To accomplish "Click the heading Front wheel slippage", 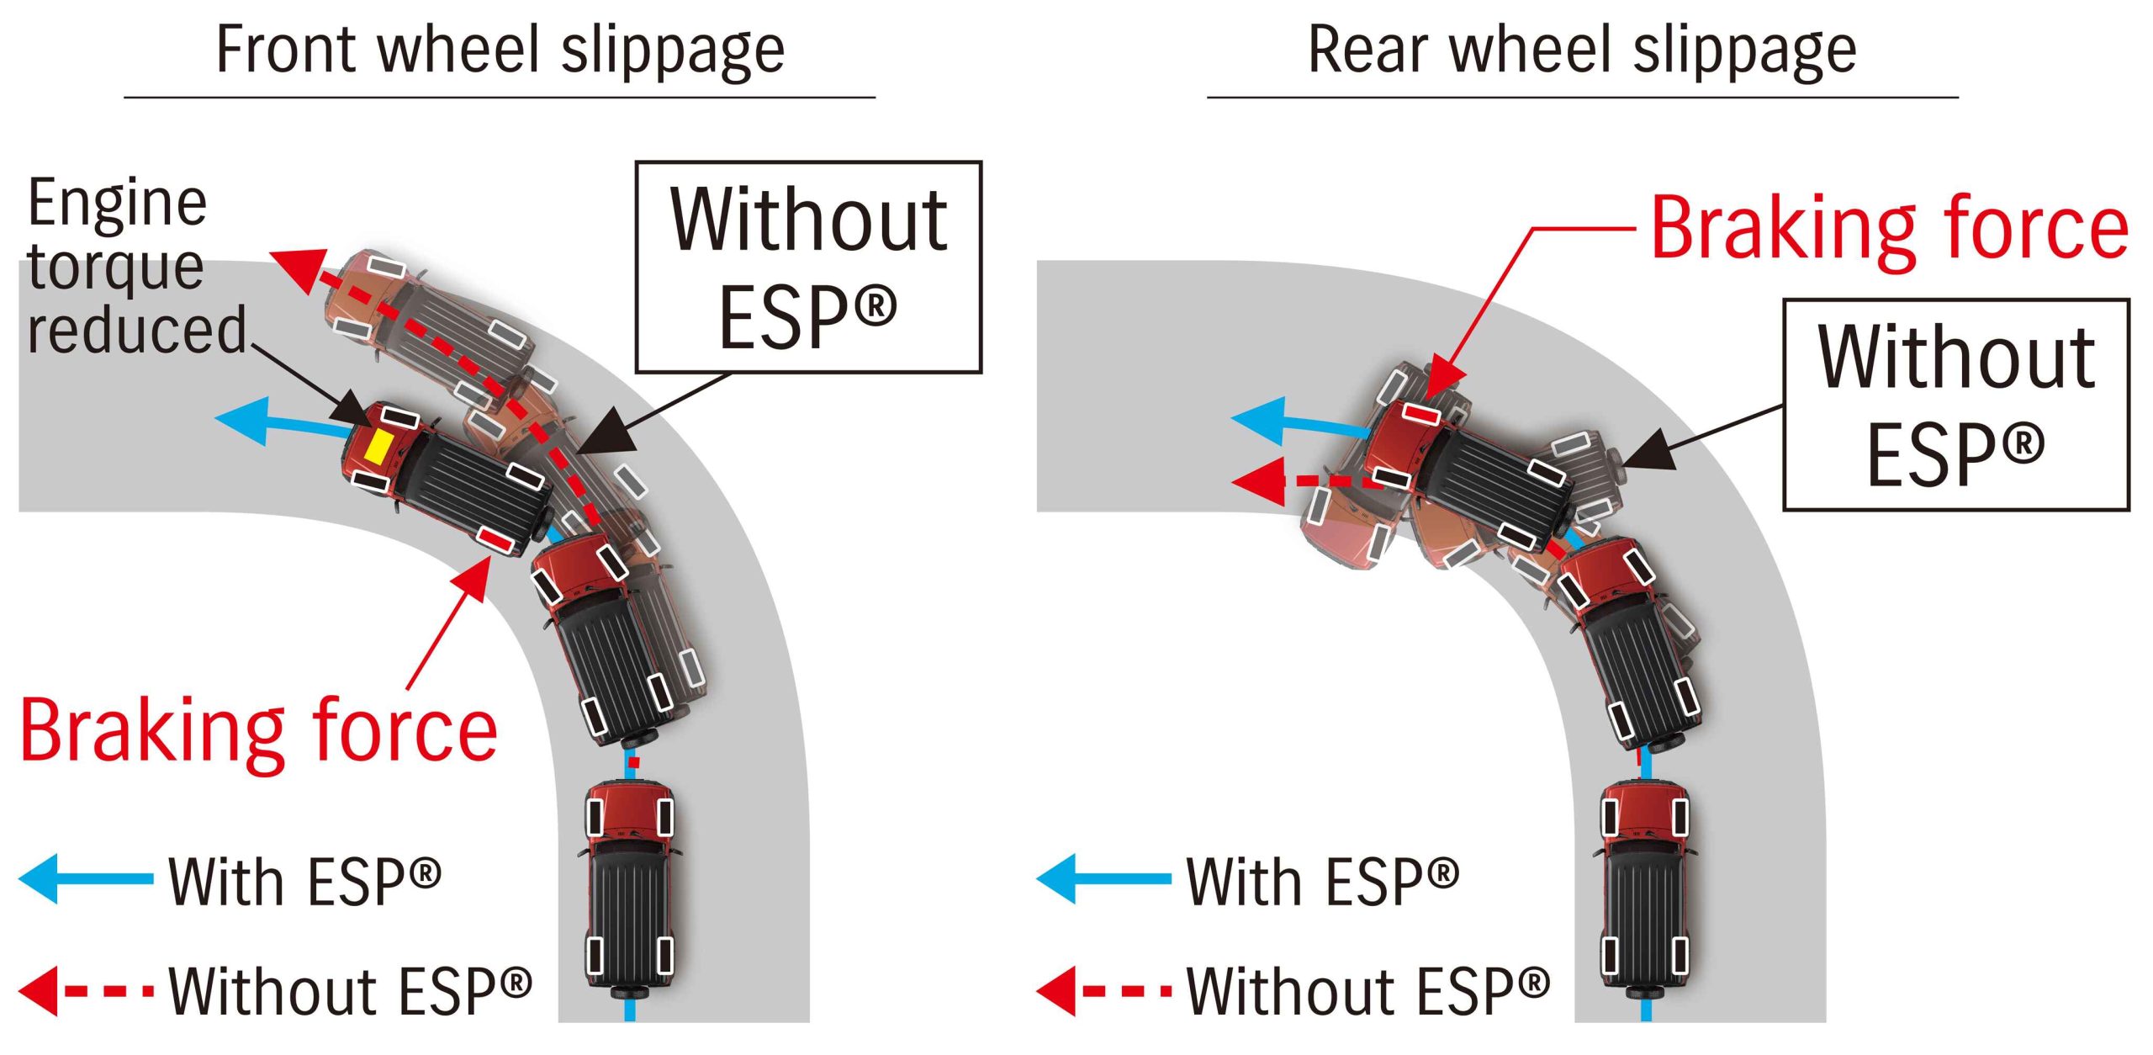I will [x=500, y=50].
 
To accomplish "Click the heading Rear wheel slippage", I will [x=1581, y=50].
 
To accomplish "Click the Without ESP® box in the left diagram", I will [x=808, y=267].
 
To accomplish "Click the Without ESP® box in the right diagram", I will [x=1956, y=405].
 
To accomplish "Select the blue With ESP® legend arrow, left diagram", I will [x=84, y=879].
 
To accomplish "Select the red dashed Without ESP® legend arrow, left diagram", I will [x=84, y=991].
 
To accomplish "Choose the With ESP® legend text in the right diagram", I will [x=1322, y=881].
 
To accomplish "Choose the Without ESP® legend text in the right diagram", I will [x=1367, y=991].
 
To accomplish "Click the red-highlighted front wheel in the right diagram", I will [x=1420, y=412].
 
